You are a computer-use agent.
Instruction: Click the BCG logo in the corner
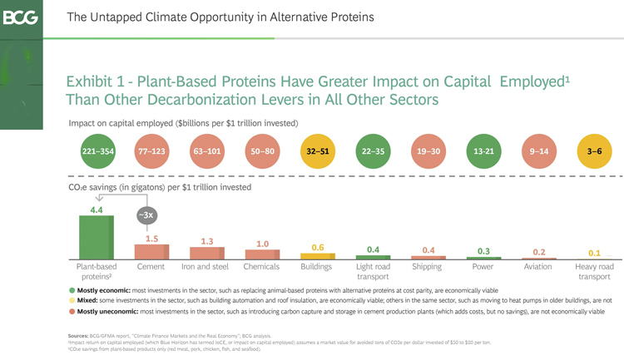[21, 17]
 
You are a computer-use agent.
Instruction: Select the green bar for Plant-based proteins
[96, 238]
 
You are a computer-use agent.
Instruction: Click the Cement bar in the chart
[151, 252]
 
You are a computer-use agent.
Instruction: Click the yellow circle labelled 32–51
[317, 152]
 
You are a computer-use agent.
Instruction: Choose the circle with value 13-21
[483, 152]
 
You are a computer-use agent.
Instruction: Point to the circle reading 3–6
[594, 152]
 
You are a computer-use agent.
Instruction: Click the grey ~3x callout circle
[146, 215]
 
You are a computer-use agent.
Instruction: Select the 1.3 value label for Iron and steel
[206, 240]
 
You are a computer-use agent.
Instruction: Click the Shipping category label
[427, 267]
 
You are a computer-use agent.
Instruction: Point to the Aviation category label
[538, 267]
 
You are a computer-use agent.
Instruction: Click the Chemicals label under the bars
[261, 267]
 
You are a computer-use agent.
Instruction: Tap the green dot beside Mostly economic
[72, 290]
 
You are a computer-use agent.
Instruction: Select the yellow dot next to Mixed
[72, 300]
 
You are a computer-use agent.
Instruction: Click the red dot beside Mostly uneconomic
[72, 311]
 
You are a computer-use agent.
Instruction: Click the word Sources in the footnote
[80, 335]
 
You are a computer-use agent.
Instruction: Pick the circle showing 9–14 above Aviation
[538, 152]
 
